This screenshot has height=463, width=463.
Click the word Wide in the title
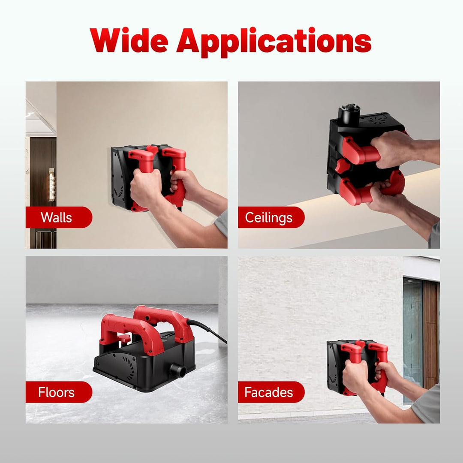click(x=129, y=40)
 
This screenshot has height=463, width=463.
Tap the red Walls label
click(x=59, y=217)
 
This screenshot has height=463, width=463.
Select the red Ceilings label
click(x=271, y=217)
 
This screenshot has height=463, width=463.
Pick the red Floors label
click(x=59, y=392)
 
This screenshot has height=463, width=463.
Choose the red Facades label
click(x=271, y=392)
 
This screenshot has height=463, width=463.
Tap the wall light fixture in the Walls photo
click(x=52, y=184)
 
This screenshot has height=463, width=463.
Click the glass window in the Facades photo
click(x=413, y=340)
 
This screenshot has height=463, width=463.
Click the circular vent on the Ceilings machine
click(x=376, y=120)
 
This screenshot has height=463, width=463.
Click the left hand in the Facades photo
click(x=356, y=376)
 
